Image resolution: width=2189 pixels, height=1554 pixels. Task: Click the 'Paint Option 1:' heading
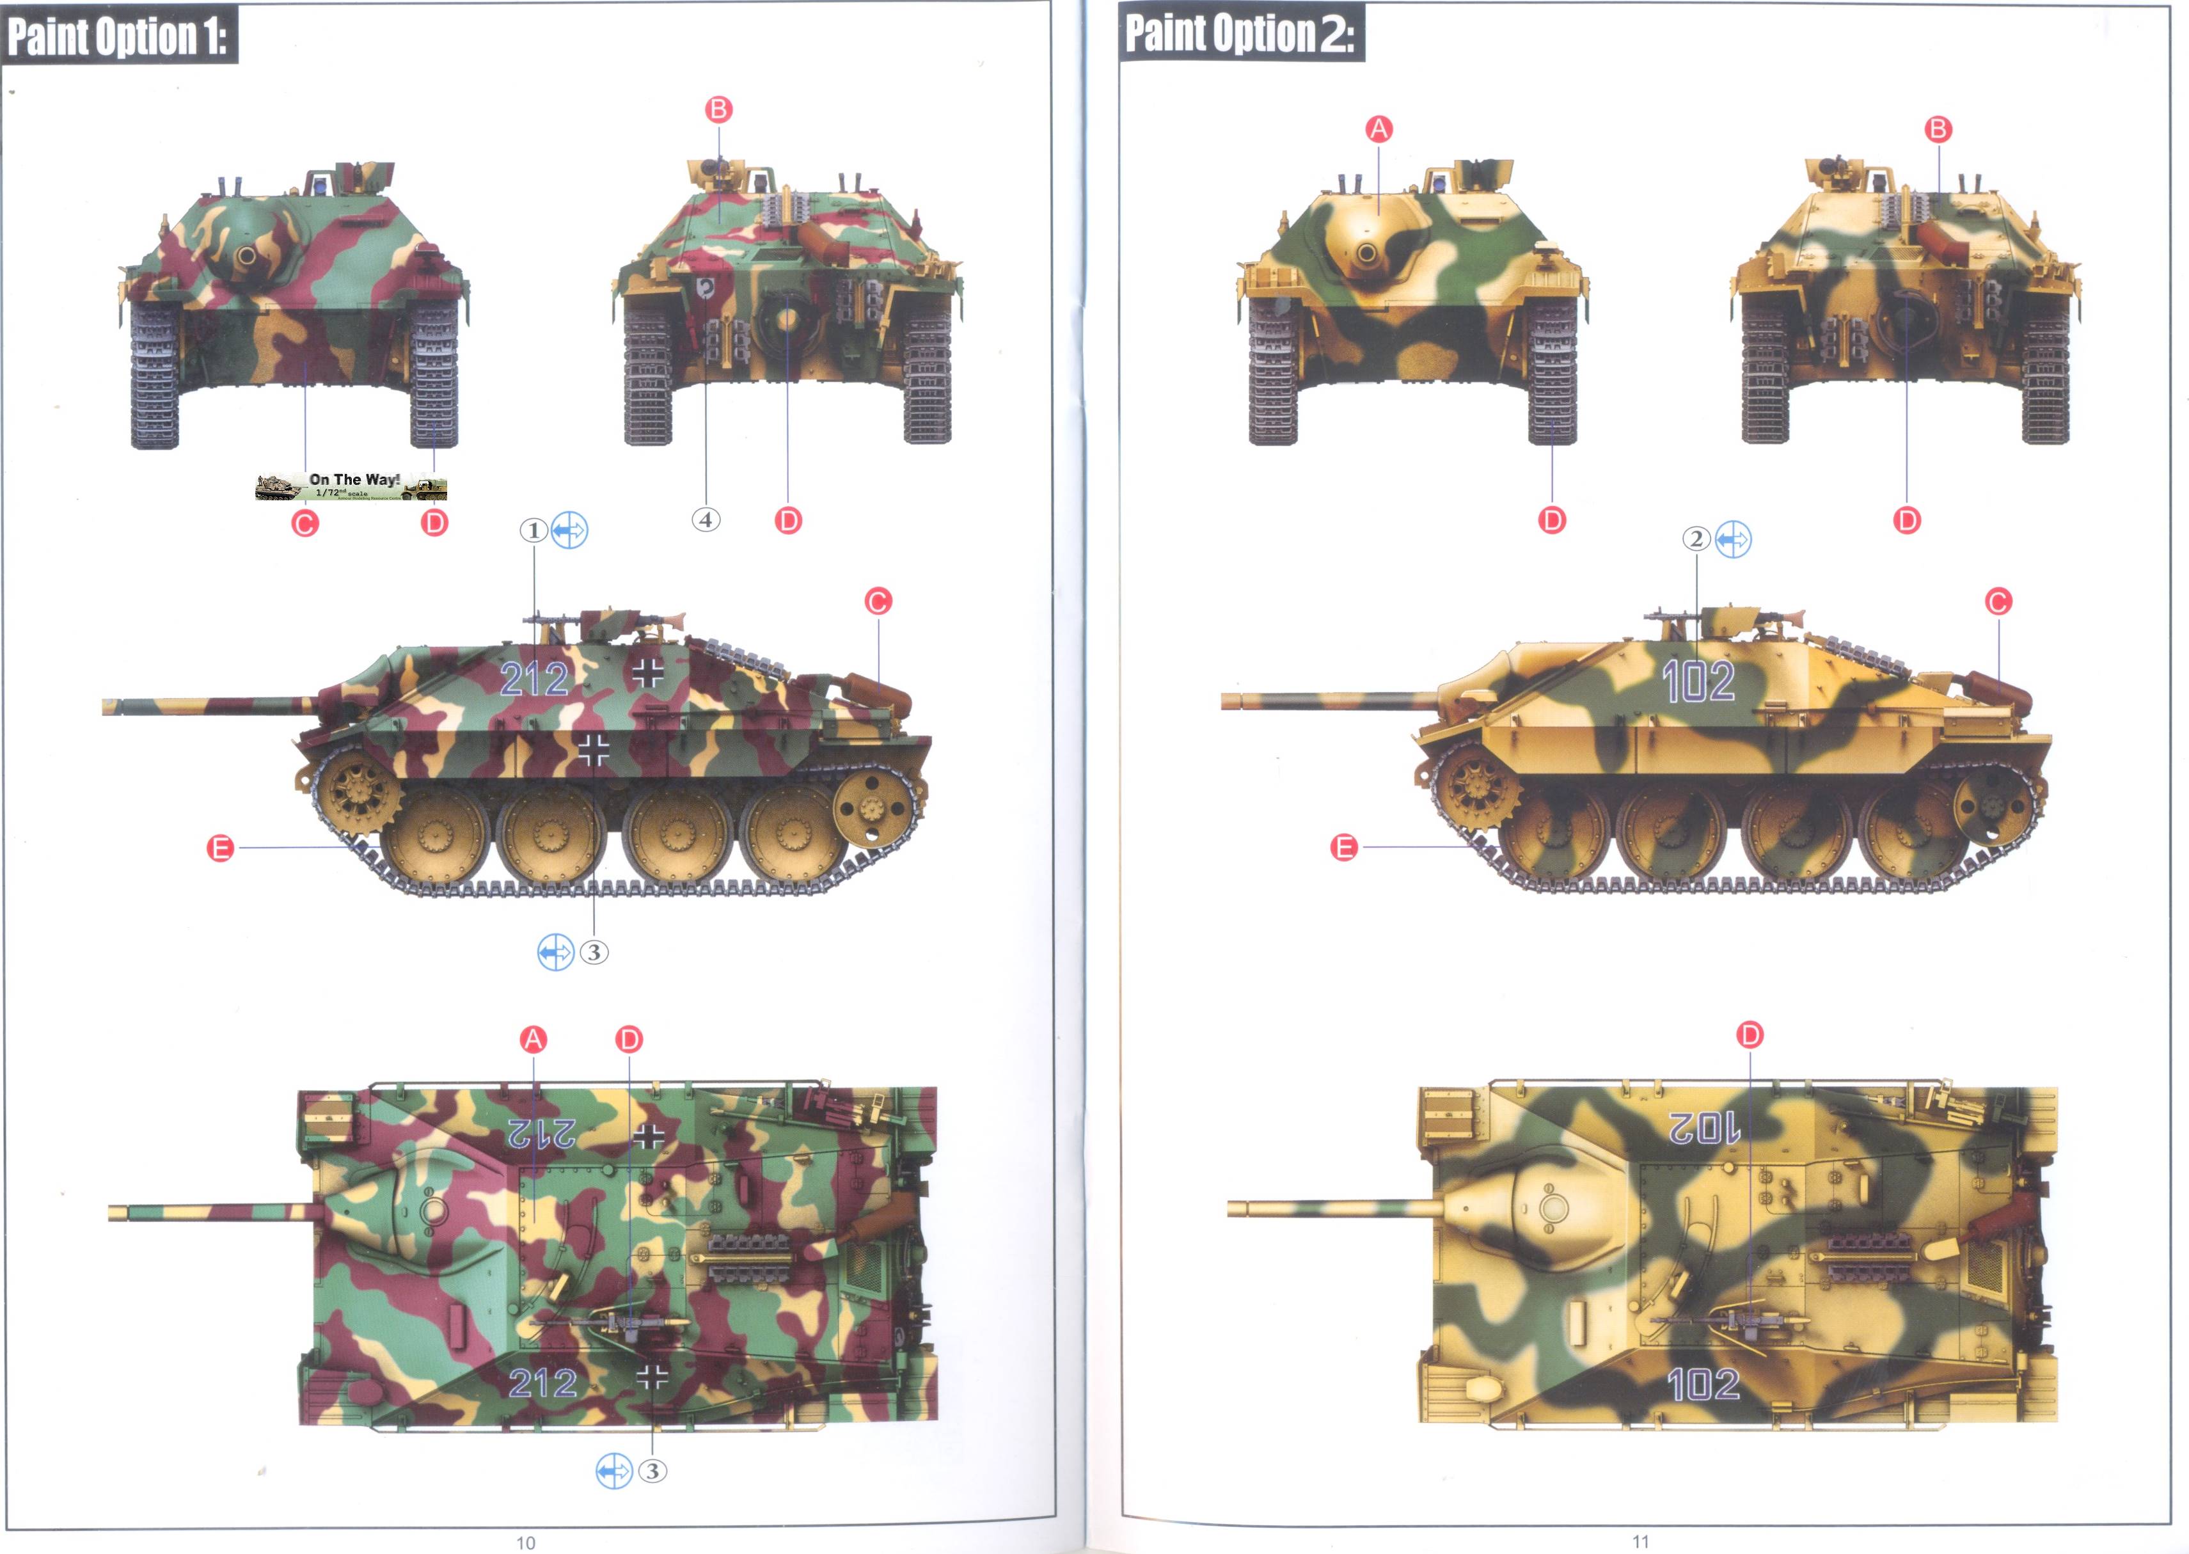(x=118, y=36)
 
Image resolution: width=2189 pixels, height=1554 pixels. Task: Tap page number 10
(x=525, y=1542)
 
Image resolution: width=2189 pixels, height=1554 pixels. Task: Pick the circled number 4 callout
(x=706, y=519)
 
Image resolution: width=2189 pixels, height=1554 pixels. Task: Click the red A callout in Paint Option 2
(x=1379, y=129)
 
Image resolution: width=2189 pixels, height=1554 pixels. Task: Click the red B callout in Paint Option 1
(x=718, y=109)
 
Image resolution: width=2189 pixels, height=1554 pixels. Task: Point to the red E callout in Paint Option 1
(x=221, y=848)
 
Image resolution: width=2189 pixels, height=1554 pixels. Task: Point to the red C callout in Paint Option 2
(x=1998, y=602)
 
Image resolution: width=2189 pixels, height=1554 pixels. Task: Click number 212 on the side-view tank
(x=534, y=679)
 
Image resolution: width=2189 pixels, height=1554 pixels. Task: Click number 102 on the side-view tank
(x=1698, y=681)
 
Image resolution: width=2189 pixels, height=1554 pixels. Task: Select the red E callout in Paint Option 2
(x=1344, y=847)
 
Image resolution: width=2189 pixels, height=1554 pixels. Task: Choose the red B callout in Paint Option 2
(x=1938, y=129)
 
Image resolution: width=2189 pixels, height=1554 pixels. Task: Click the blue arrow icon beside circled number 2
(x=1733, y=540)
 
